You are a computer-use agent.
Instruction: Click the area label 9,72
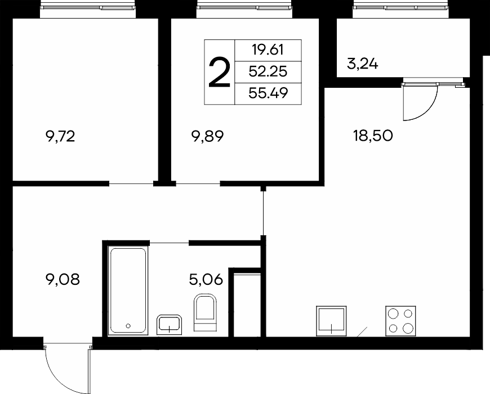pyautogui.click(x=60, y=137)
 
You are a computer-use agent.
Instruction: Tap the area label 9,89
pyautogui.click(x=208, y=136)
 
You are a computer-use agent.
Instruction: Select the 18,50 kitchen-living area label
pyautogui.click(x=373, y=136)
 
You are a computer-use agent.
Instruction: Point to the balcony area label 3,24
pyautogui.click(x=363, y=64)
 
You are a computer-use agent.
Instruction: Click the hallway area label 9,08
pyautogui.click(x=63, y=279)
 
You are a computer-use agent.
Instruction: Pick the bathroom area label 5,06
pyautogui.click(x=206, y=279)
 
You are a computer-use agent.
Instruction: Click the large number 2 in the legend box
pyautogui.click(x=220, y=72)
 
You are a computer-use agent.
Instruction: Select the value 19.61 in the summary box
pyautogui.click(x=268, y=50)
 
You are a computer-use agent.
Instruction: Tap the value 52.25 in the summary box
pyautogui.click(x=268, y=72)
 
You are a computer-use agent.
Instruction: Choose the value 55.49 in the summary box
pyautogui.click(x=268, y=93)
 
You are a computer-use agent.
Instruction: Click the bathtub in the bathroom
pyautogui.click(x=128, y=290)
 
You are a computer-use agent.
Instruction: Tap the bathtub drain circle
pyautogui.click(x=128, y=326)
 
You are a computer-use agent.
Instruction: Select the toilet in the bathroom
pyautogui.click(x=206, y=312)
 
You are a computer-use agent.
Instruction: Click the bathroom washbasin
pyautogui.click(x=169, y=325)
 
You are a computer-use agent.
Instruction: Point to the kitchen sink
pyautogui.click(x=331, y=321)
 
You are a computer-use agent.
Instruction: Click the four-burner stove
pyautogui.click(x=400, y=321)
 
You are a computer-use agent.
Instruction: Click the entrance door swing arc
pyautogui.click(x=59, y=378)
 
